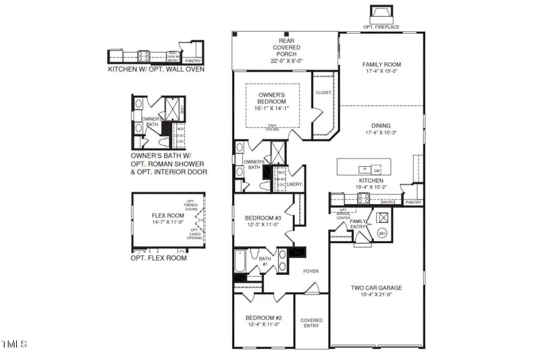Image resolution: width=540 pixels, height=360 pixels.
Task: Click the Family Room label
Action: [x=382, y=65]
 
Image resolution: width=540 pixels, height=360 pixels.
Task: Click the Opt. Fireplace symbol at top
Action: [x=381, y=14]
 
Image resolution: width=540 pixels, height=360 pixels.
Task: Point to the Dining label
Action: [x=381, y=125]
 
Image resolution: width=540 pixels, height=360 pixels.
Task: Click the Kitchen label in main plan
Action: [x=371, y=181]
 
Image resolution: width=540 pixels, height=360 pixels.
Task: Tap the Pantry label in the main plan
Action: [x=413, y=202]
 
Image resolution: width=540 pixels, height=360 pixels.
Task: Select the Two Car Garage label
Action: [x=377, y=288]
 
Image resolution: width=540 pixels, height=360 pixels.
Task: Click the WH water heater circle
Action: [x=381, y=234]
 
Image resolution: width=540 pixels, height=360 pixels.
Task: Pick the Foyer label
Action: [x=310, y=271]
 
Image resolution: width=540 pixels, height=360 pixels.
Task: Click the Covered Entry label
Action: [x=311, y=324]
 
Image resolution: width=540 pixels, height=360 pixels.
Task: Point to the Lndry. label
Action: [x=294, y=184]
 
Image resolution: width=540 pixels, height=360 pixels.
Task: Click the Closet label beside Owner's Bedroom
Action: [x=323, y=93]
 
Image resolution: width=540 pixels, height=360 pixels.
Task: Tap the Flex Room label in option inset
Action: [x=163, y=216]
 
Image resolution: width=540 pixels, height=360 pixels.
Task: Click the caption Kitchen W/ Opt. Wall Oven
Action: [x=156, y=69]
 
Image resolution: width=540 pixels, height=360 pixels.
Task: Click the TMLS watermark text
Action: [x=15, y=344]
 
